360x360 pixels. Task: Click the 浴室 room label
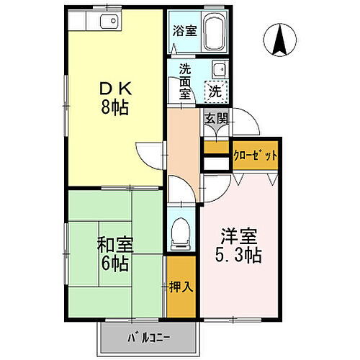point(184,31)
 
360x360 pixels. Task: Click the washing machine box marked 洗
point(215,92)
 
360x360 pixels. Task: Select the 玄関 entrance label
point(215,120)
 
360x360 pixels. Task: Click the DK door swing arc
point(148,153)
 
